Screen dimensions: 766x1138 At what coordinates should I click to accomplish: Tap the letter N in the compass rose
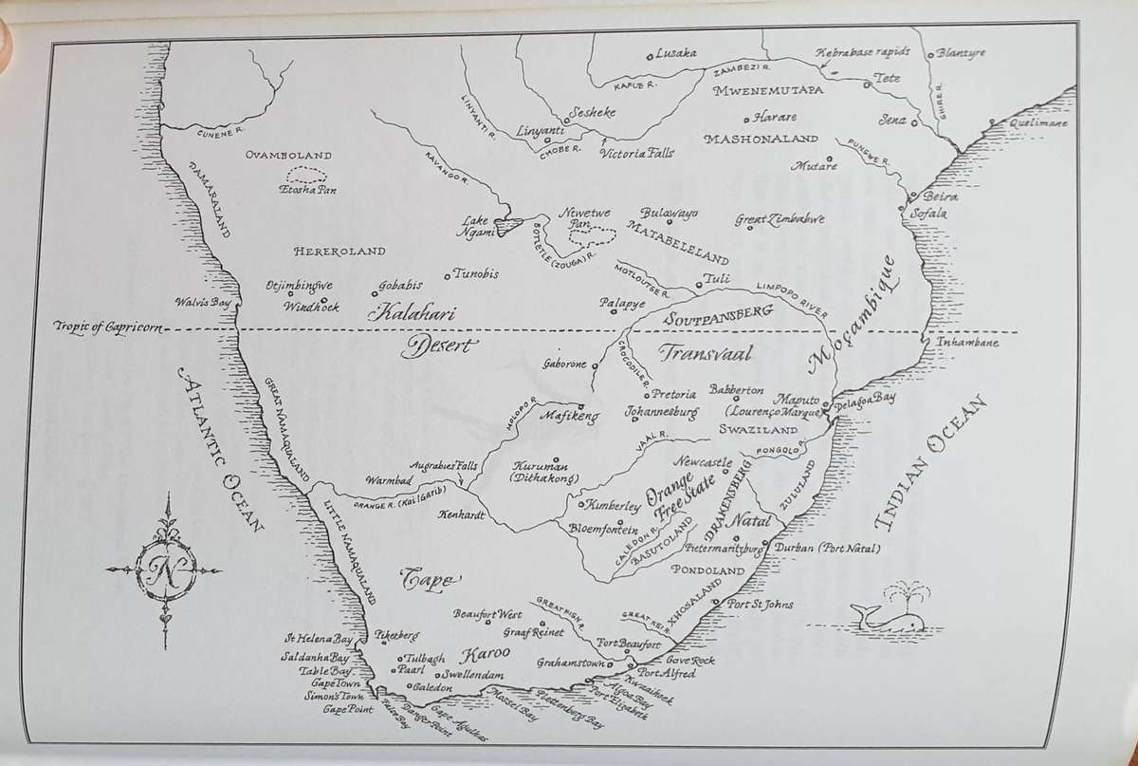tap(168, 569)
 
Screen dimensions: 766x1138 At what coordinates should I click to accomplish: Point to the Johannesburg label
tap(662, 413)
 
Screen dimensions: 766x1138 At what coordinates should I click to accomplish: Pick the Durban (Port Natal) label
tap(827, 549)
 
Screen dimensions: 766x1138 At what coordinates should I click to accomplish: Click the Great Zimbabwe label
tap(780, 219)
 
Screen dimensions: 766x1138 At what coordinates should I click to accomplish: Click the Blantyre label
tap(960, 53)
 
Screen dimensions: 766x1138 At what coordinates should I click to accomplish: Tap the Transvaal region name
tap(705, 354)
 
